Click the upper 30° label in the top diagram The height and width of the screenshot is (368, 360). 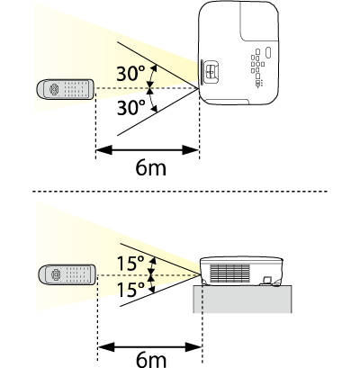pyautogui.click(x=130, y=74)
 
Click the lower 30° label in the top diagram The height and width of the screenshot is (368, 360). pyautogui.click(x=130, y=108)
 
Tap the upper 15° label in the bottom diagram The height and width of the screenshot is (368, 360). pyautogui.click(x=130, y=263)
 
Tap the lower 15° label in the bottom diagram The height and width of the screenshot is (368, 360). pyautogui.click(x=130, y=290)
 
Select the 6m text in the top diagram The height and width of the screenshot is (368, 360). pyautogui.click(x=151, y=167)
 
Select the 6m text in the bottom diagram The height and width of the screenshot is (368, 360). pyautogui.click(x=151, y=360)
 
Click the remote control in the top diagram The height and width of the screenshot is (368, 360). pyautogui.click(x=66, y=89)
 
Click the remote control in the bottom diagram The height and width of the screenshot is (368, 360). pyautogui.click(x=67, y=274)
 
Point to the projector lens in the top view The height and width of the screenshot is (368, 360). pyautogui.click(x=210, y=71)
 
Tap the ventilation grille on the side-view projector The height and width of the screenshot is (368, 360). pyautogui.click(x=229, y=274)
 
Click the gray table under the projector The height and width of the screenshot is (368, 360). pyautogui.click(x=242, y=300)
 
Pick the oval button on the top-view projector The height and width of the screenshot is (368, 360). pyautogui.click(x=268, y=53)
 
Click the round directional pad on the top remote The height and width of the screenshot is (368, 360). pyautogui.click(x=54, y=89)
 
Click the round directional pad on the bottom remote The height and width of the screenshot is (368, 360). pyautogui.click(x=57, y=274)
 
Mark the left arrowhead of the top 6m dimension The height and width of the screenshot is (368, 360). pyautogui.click(x=103, y=150)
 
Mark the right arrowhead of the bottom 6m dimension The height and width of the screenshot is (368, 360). pyautogui.click(x=193, y=347)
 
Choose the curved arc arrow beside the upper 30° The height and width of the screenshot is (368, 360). pyautogui.click(x=153, y=76)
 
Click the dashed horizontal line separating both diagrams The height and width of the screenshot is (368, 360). pyautogui.click(x=180, y=191)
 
